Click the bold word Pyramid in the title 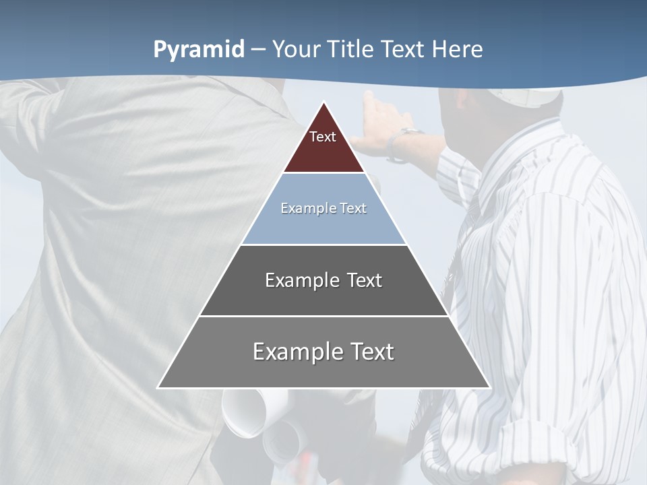click(199, 50)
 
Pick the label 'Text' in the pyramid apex click(323, 137)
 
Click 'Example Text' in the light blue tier click(323, 208)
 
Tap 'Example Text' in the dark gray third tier click(323, 280)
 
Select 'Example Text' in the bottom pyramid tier click(323, 352)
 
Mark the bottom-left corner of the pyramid click(158, 387)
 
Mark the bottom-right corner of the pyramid click(489, 387)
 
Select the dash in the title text click(258, 50)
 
